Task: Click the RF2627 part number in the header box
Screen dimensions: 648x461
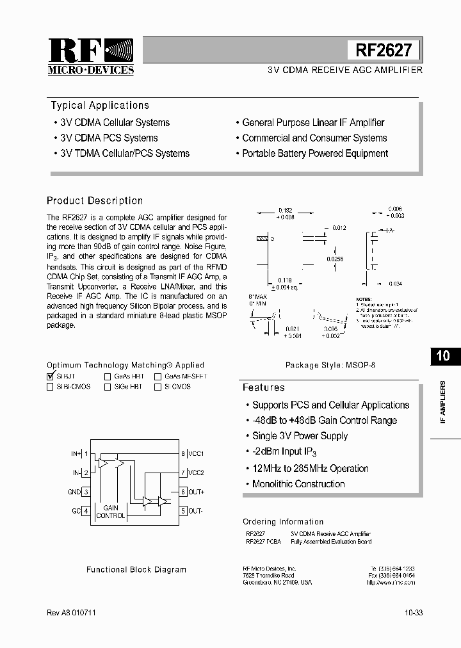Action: pos(383,50)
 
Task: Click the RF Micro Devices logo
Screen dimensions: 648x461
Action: pos(91,56)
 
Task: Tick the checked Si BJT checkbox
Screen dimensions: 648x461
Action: pos(51,377)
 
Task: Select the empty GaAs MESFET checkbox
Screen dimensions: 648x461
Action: pos(158,377)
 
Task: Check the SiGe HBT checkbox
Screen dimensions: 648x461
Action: pos(108,387)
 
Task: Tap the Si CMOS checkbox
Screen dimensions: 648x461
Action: pos(158,387)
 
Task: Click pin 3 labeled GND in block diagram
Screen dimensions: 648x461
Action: pos(86,492)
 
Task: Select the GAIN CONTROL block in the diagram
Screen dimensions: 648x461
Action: pos(110,512)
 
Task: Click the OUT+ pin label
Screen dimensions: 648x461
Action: pos(197,492)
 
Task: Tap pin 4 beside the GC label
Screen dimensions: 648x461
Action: pos(86,511)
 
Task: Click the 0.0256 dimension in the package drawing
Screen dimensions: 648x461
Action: pos(334,259)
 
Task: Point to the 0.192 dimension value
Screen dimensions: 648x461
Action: pos(285,209)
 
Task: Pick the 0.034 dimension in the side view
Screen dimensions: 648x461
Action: pos(395,284)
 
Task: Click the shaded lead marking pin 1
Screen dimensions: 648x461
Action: pos(262,239)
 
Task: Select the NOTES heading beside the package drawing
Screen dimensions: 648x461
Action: pos(363,299)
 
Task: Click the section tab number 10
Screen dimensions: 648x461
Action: pos(443,356)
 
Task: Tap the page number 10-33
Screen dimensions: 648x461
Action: pos(413,613)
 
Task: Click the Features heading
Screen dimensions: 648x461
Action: pos(263,387)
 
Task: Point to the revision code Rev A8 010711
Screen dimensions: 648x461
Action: pos(72,613)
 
